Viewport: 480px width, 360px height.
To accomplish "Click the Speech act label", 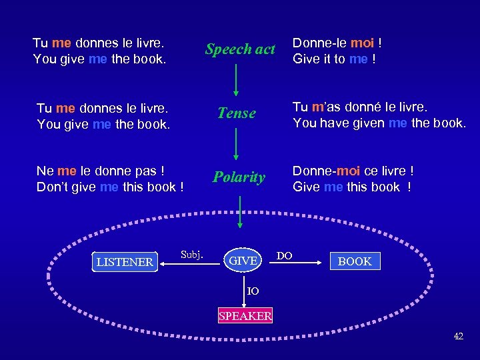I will point(240,49).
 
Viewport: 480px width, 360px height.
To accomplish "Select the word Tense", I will point(237,113).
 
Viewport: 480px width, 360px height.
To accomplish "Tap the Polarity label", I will point(239,177).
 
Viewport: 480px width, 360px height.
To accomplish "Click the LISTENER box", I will point(125,262).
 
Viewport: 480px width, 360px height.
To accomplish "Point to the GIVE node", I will point(243,261).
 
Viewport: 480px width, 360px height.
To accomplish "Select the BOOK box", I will point(355,261).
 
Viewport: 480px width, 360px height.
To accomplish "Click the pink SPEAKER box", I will point(245,316).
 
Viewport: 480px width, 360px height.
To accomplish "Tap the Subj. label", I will point(192,255).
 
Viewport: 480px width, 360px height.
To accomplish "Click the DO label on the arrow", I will point(285,255).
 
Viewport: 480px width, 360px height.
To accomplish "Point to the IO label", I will point(253,291).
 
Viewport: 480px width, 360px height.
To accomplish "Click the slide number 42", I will point(458,336).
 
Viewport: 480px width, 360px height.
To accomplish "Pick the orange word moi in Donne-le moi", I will point(362,43).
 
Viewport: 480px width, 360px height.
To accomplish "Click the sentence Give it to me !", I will point(334,59).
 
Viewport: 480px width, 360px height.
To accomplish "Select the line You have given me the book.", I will point(379,123).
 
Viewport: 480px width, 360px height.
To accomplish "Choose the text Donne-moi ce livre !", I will point(353,171).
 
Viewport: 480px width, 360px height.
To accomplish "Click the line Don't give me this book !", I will point(110,187).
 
